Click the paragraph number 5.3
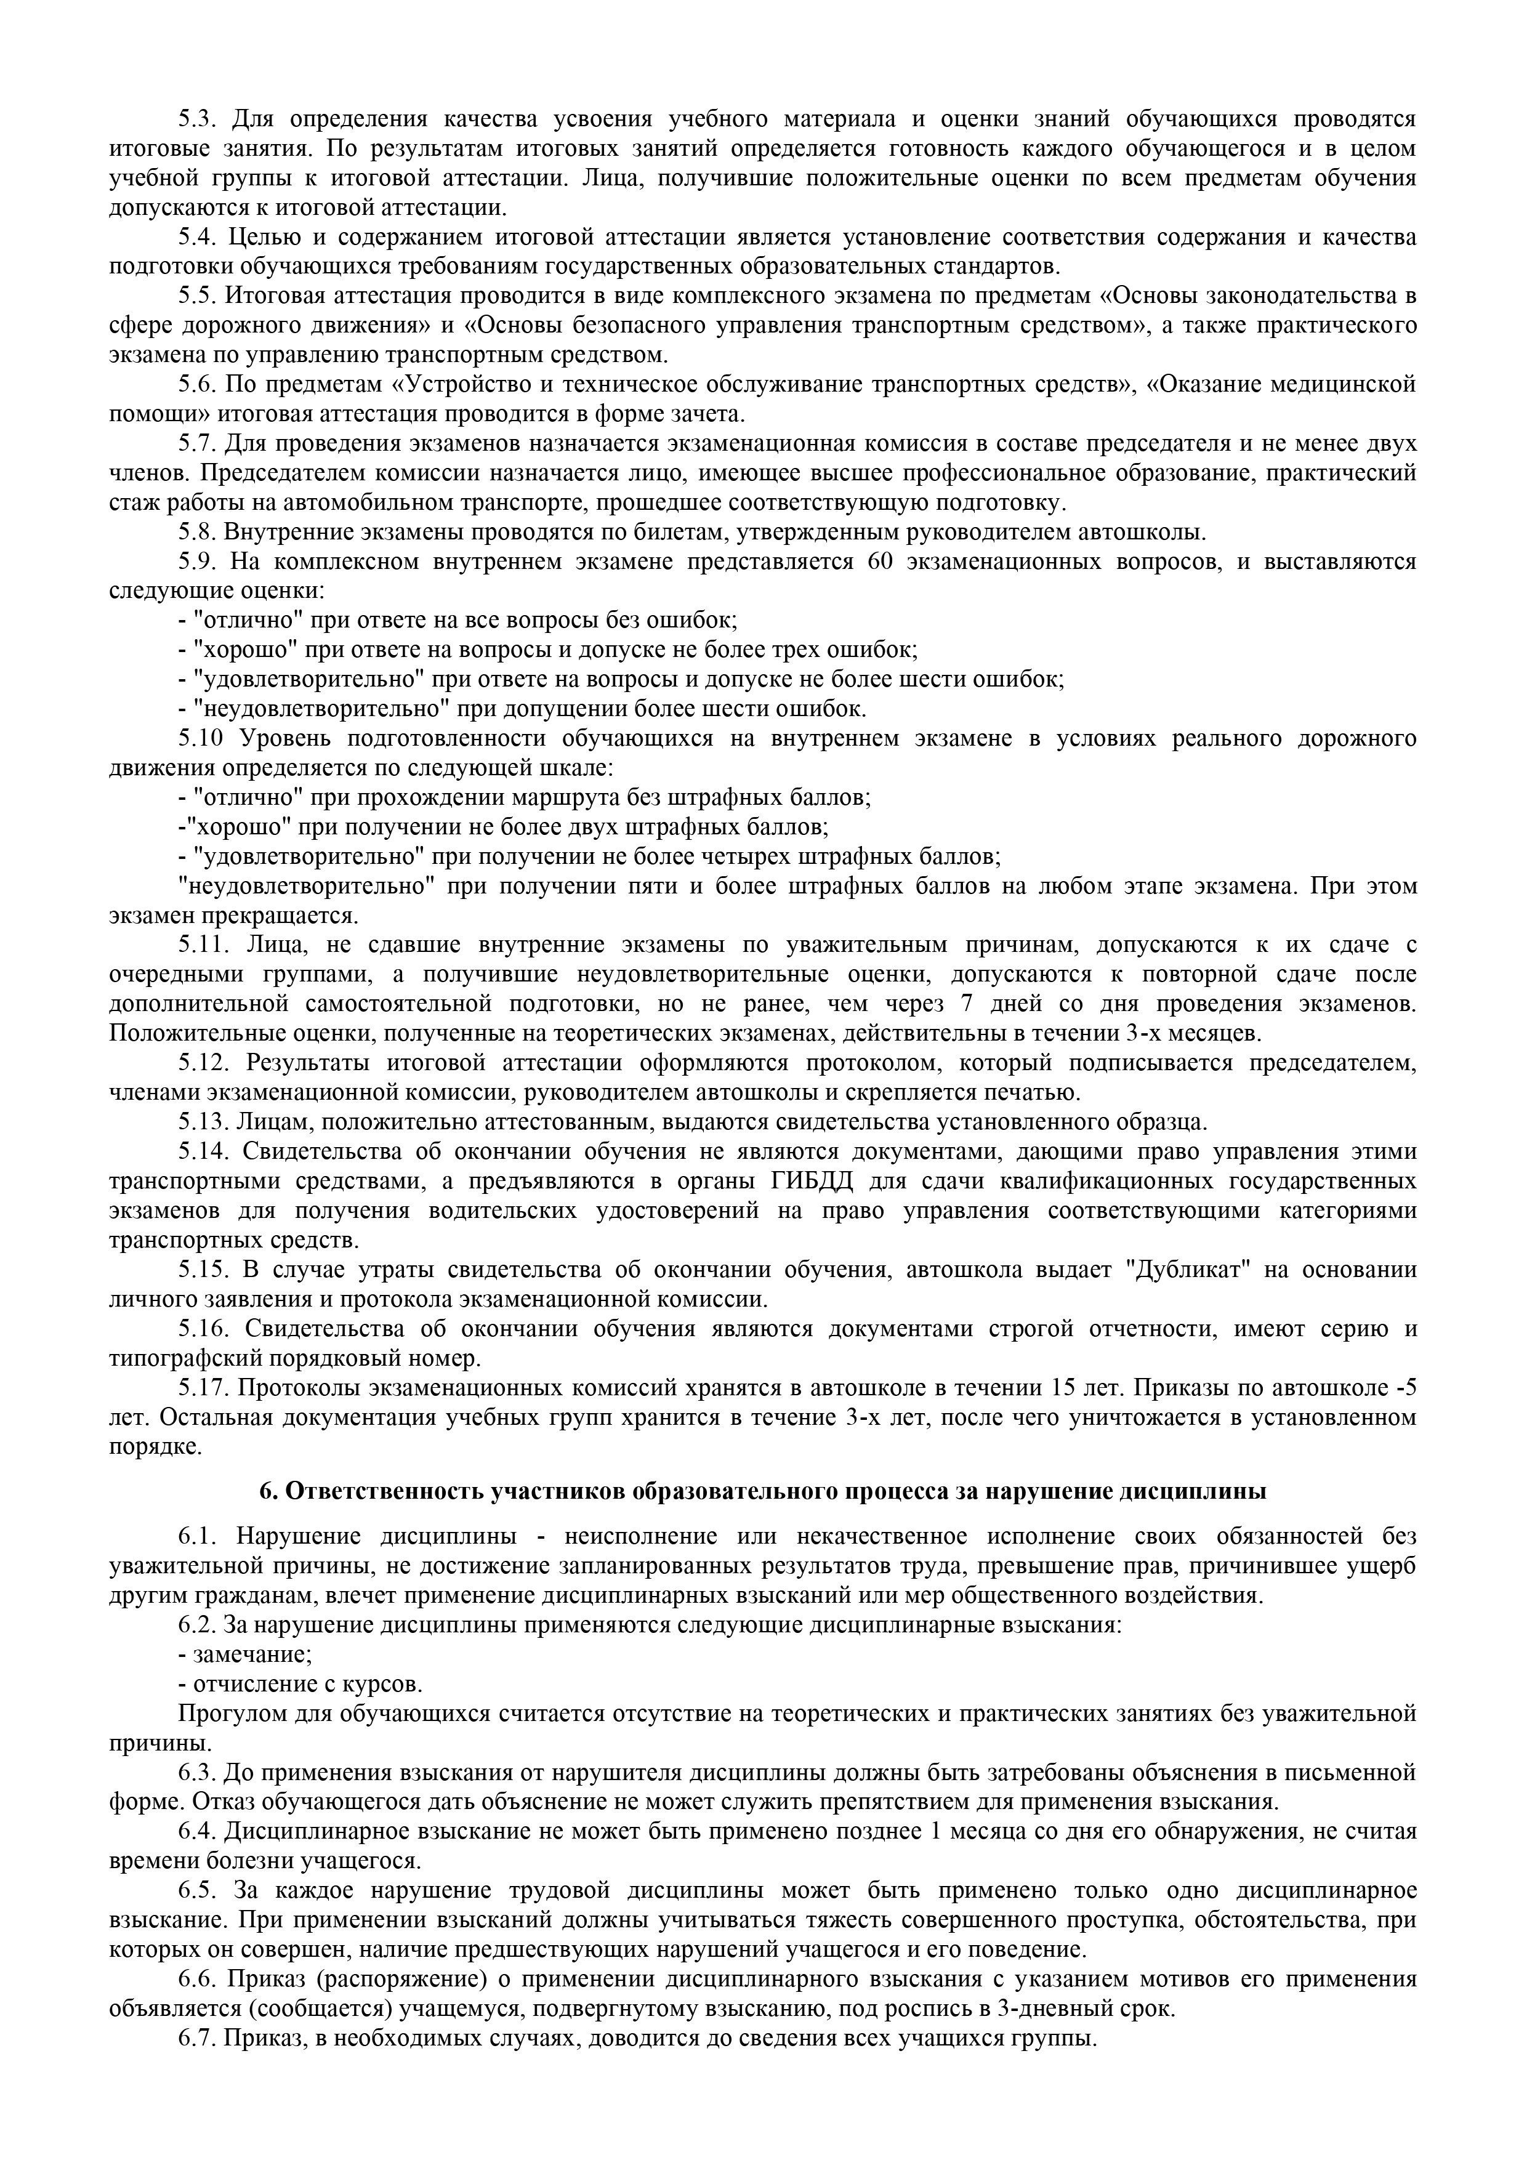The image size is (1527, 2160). tap(198, 119)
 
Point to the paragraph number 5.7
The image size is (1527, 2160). tap(198, 443)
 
